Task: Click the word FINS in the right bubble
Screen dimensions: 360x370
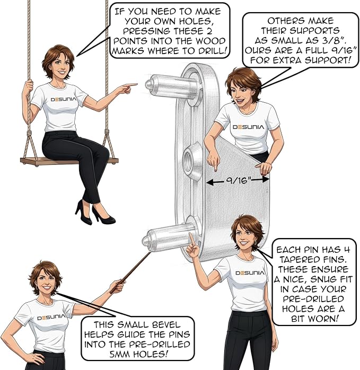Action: click(333, 260)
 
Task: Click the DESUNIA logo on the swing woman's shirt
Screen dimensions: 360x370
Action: click(64, 99)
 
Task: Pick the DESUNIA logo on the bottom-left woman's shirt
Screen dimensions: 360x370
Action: click(51, 317)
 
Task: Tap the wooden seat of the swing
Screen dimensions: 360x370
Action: click(69, 161)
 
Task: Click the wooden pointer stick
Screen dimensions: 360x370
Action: click(130, 272)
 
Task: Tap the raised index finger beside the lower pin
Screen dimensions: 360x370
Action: click(192, 240)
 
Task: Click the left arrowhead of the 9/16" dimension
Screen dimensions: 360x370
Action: click(209, 182)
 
